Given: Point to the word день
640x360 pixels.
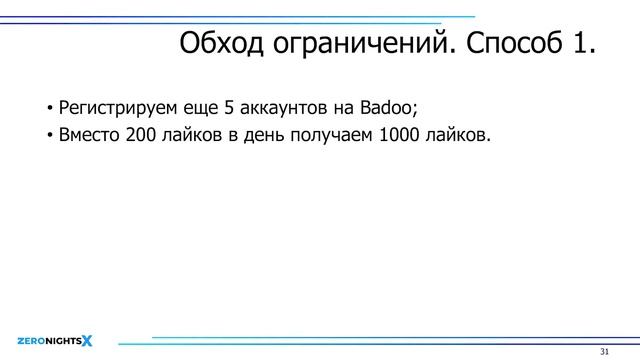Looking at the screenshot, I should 262,136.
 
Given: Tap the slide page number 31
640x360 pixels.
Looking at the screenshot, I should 604,352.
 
